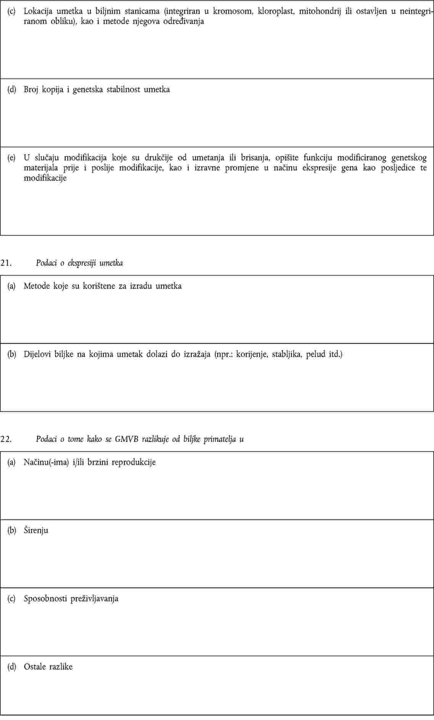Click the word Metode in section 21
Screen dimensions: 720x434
(37, 286)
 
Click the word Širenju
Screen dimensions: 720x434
(36, 530)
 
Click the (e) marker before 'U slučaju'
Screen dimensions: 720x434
(12, 158)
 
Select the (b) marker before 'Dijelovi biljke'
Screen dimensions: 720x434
(12, 354)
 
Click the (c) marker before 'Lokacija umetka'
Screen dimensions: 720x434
(12, 11)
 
